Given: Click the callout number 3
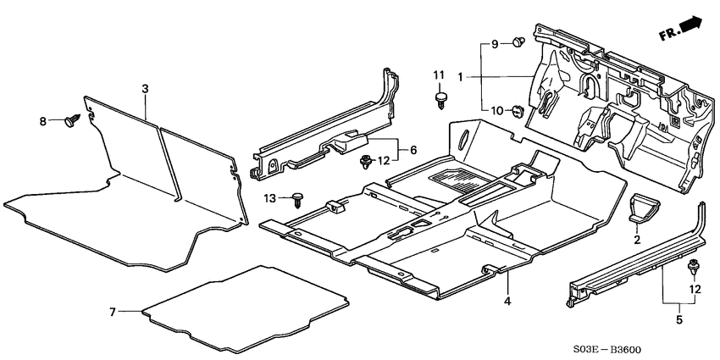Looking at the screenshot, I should pos(145,88).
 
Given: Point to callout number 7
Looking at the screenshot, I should pos(112,312).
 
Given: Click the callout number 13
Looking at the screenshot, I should pos(270,197).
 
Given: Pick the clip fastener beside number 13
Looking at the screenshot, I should pos(296,199).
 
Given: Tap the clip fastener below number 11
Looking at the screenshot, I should pos(440,101).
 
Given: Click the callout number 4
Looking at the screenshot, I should pos(507,300).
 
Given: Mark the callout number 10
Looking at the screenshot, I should pos(496,110).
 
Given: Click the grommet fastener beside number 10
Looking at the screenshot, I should pos(517,110).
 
